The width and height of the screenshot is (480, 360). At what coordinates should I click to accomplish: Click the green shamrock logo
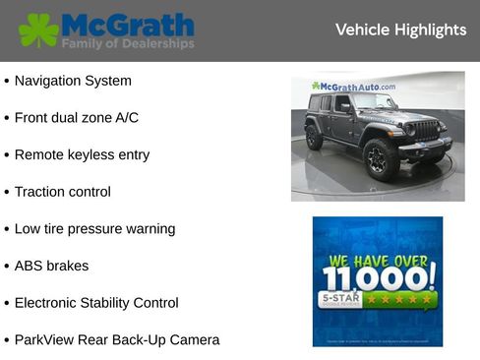click(x=38, y=30)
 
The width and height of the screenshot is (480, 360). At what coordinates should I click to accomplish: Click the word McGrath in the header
click(x=127, y=24)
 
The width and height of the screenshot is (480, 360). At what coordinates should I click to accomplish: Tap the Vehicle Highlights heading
click(x=400, y=30)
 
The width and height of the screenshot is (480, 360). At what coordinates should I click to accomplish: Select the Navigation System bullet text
click(x=73, y=81)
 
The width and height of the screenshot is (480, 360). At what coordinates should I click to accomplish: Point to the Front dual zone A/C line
click(x=77, y=118)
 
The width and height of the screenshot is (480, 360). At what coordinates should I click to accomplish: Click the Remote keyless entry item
click(x=83, y=154)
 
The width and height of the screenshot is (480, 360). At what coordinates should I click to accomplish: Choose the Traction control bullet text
click(x=63, y=192)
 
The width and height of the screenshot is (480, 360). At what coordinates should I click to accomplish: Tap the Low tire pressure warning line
click(x=94, y=228)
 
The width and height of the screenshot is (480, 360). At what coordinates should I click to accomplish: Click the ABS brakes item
click(x=51, y=266)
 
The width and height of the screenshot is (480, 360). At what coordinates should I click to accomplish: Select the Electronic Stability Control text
click(x=96, y=303)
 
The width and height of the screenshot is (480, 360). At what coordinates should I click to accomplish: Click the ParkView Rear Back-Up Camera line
click(x=117, y=339)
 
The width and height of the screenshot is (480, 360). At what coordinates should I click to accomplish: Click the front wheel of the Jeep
click(x=377, y=157)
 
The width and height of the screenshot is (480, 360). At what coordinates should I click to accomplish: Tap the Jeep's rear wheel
click(x=314, y=138)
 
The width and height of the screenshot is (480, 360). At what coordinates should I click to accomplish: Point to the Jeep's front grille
click(x=423, y=130)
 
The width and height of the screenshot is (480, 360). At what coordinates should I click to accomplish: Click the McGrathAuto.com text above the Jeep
click(x=353, y=87)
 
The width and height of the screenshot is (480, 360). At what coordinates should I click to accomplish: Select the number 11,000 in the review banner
click(x=377, y=276)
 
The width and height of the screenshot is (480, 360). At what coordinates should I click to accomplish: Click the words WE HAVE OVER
click(x=377, y=261)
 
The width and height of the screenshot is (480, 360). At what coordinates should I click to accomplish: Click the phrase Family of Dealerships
click(x=127, y=44)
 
